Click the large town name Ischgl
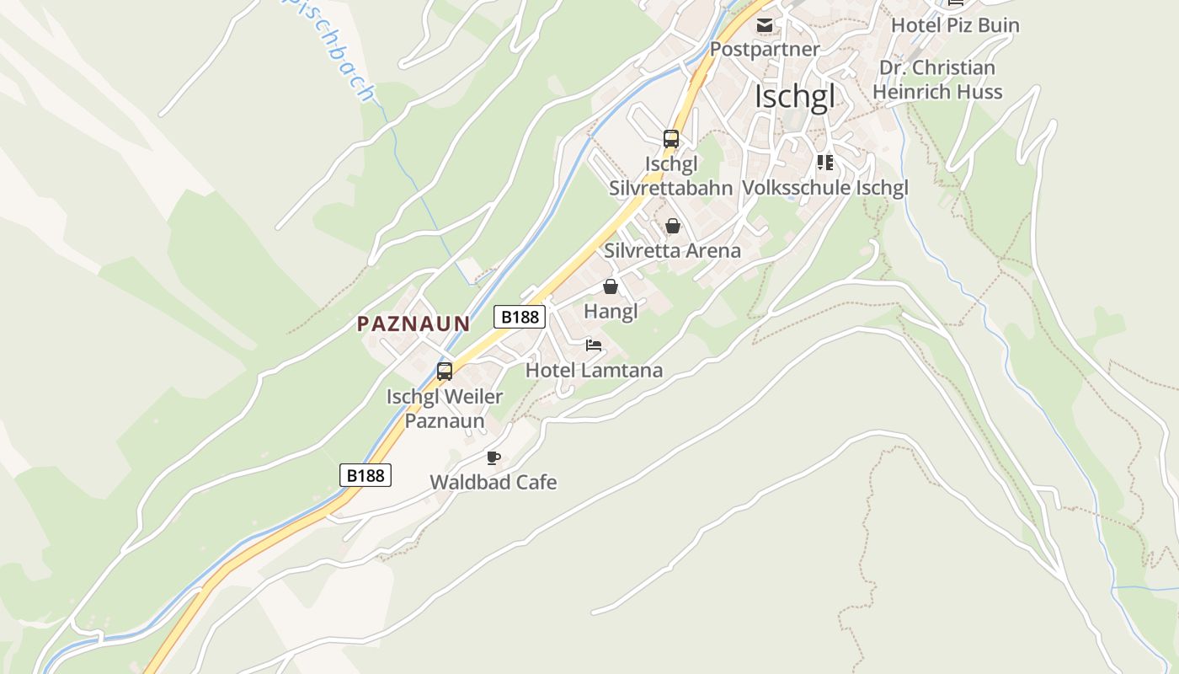point(794,97)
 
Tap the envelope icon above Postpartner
point(764,25)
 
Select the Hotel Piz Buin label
point(955,25)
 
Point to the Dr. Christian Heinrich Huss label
point(937,79)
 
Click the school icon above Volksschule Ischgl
point(824,163)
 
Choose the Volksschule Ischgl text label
point(824,188)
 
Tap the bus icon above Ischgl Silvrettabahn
point(671,139)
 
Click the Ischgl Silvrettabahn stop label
point(671,175)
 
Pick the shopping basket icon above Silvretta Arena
point(672,226)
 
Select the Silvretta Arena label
point(672,250)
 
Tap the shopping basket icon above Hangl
point(611,287)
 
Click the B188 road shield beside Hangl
point(520,317)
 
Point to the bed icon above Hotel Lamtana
point(594,345)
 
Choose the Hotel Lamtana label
point(594,370)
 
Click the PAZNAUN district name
point(413,324)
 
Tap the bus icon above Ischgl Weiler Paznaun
point(445,371)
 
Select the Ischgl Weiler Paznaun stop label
point(445,409)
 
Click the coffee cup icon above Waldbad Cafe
point(493,458)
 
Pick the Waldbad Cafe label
point(493,483)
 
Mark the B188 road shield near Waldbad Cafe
point(365,475)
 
